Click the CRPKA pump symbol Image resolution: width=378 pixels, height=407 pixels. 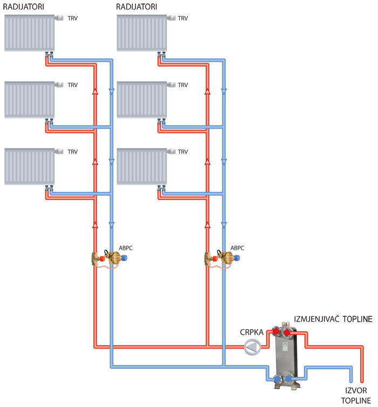coord(252,346)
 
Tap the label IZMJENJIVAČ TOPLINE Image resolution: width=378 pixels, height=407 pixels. coord(333,319)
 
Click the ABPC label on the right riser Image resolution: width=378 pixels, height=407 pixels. coord(237,248)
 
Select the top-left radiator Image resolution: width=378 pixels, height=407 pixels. coord(29,33)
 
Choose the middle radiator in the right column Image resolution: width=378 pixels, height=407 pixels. coord(142,99)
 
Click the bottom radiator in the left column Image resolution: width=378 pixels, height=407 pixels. coord(29,166)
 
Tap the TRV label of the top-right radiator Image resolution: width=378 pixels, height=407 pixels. coord(183,18)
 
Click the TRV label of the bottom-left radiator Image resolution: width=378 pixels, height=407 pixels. coord(72,152)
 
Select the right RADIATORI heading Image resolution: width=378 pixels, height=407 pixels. coord(137,6)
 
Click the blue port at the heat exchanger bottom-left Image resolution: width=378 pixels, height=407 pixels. coord(276,379)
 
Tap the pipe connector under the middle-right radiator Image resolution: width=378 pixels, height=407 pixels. coord(160,121)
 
